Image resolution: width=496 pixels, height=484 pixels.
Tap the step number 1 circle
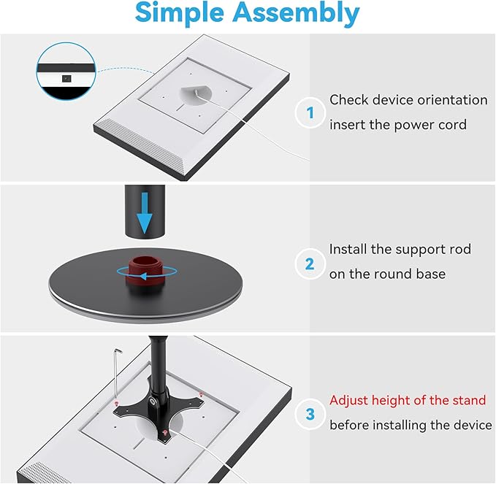pos(310,112)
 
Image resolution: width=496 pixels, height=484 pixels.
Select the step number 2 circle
pos(310,264)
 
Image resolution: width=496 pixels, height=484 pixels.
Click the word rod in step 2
pos(459,250)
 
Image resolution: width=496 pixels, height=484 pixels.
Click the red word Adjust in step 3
pos(349,400)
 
